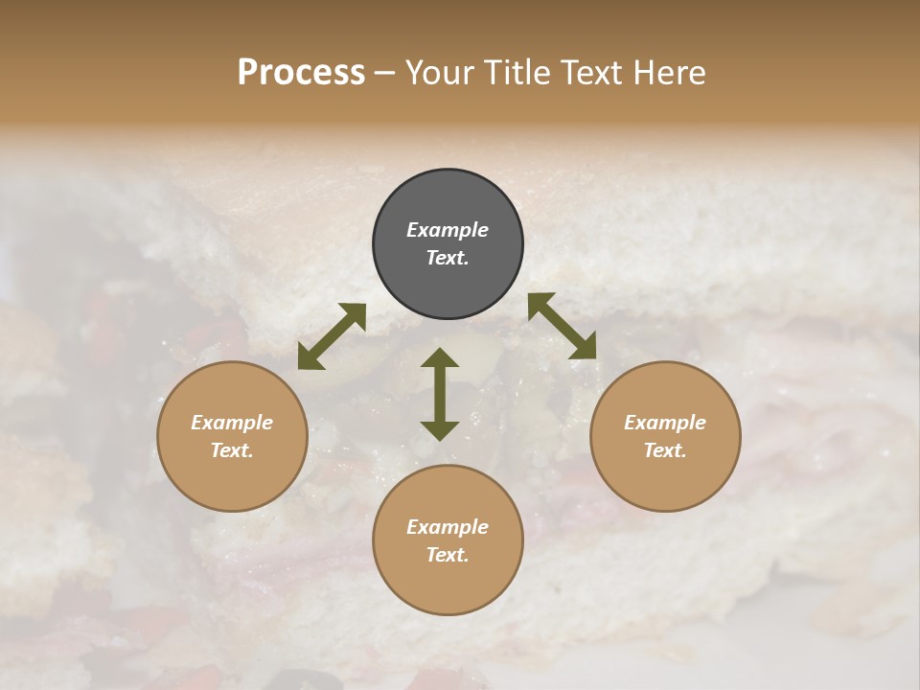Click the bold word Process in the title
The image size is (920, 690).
[301, 73]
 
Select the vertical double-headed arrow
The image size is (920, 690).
[440, 394]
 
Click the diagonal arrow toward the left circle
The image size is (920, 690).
[332, 335]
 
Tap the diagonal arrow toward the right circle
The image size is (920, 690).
[562, 326]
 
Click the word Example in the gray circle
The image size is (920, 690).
[448, 230]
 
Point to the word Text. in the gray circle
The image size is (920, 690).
[448, 258]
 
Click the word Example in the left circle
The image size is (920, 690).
[232, 423]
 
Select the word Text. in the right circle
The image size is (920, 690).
[665, 450]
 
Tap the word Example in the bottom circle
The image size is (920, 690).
[448, 527]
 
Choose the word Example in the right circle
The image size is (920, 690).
[665, 423]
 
